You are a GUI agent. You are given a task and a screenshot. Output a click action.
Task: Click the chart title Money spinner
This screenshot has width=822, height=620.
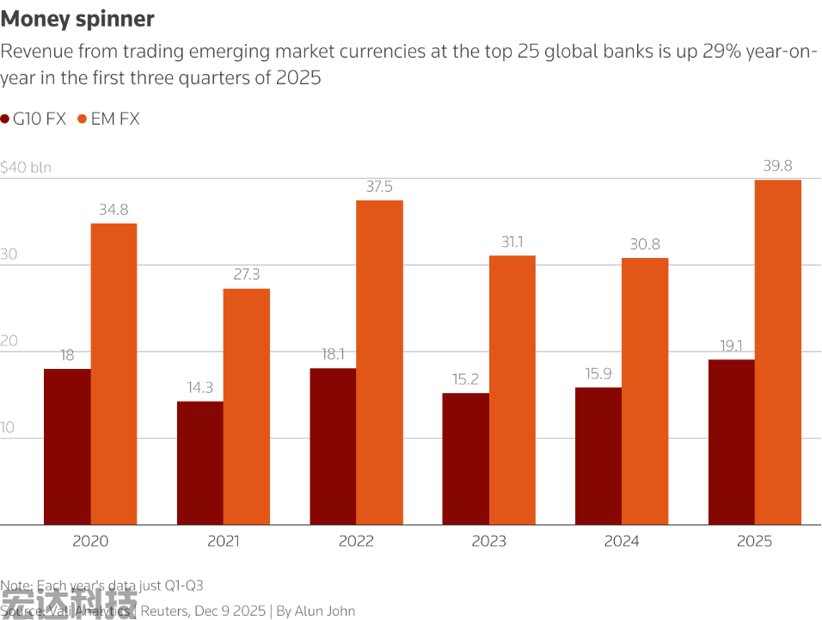click(x=77, y=19)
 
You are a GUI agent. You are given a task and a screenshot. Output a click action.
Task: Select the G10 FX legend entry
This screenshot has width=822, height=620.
click(x=34, y=120)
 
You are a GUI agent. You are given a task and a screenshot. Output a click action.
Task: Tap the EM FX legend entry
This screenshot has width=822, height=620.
click(x=108, y=120)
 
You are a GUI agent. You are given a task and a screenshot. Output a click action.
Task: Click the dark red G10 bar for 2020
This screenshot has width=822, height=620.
click(x=67, y=446)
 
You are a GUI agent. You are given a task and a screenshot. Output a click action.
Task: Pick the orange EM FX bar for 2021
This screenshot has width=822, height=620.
click(x=247, y=406)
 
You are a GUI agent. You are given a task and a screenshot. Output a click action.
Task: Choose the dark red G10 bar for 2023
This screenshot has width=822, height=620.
click(x=466, y=458)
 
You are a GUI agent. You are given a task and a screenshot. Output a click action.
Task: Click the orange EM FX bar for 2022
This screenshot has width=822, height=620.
click(x=379, y=362)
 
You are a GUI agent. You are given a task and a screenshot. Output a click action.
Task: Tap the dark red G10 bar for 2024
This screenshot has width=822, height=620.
click(x=598, y=456)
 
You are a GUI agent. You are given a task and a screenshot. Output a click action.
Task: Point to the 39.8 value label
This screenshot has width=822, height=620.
click(x=778, y=166)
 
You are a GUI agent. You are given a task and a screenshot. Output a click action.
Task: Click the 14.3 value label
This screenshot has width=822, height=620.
click(x=199, y=388)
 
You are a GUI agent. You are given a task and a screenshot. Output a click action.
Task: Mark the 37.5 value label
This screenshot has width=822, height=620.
click(x=379, y=187)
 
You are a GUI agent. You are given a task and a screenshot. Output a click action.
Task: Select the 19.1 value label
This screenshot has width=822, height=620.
click(x=732, y=346)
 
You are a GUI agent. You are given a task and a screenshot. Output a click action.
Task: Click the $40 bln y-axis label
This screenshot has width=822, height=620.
click(x=26, y=168)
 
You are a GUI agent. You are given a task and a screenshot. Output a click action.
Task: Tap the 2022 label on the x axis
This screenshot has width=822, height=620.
click(x=356, y=542)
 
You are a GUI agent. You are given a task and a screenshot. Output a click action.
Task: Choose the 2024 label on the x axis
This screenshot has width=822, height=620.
click(x=622, y=542)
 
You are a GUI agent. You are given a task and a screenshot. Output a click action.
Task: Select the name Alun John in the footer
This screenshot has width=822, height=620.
click(x=324, y=611)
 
